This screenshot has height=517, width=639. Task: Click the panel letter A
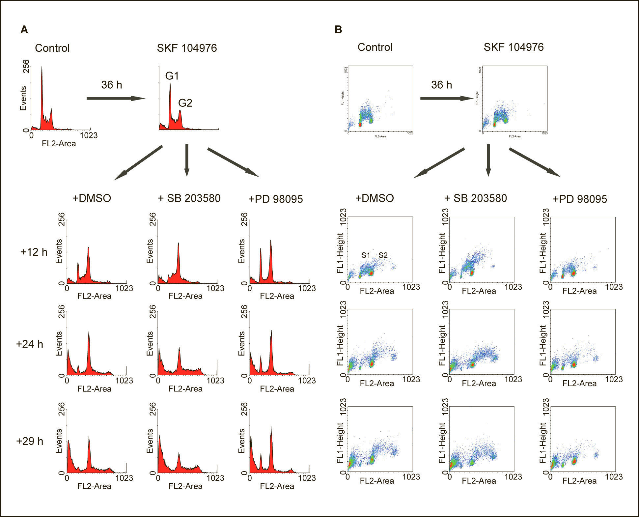[24, 30]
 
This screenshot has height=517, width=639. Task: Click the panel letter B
[338, 30]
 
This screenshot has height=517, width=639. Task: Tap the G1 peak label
[172, 76]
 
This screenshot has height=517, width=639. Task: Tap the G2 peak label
[185, 103]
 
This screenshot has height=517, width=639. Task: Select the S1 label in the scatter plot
[366, 255]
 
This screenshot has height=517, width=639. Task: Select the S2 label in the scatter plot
[383, 255]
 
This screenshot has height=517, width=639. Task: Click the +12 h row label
[34, 252]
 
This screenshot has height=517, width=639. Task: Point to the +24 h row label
[30, 344]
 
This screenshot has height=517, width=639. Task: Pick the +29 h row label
[30, 441]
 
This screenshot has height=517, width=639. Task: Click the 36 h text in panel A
[112, 85]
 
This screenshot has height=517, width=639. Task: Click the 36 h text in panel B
[441, 85]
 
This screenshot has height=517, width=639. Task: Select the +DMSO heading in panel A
[92, 198]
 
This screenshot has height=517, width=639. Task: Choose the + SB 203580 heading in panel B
[475, 198]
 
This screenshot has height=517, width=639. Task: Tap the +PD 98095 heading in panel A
[276, 199]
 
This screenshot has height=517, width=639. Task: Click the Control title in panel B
[375, 47]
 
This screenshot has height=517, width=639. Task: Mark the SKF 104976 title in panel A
[187, 48]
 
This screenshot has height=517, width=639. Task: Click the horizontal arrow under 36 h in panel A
[116, 98]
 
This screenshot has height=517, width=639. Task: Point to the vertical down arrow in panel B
[488, 160]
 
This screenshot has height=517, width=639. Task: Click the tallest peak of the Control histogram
[42, 68]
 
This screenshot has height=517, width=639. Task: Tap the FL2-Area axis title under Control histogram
[59, 143]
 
